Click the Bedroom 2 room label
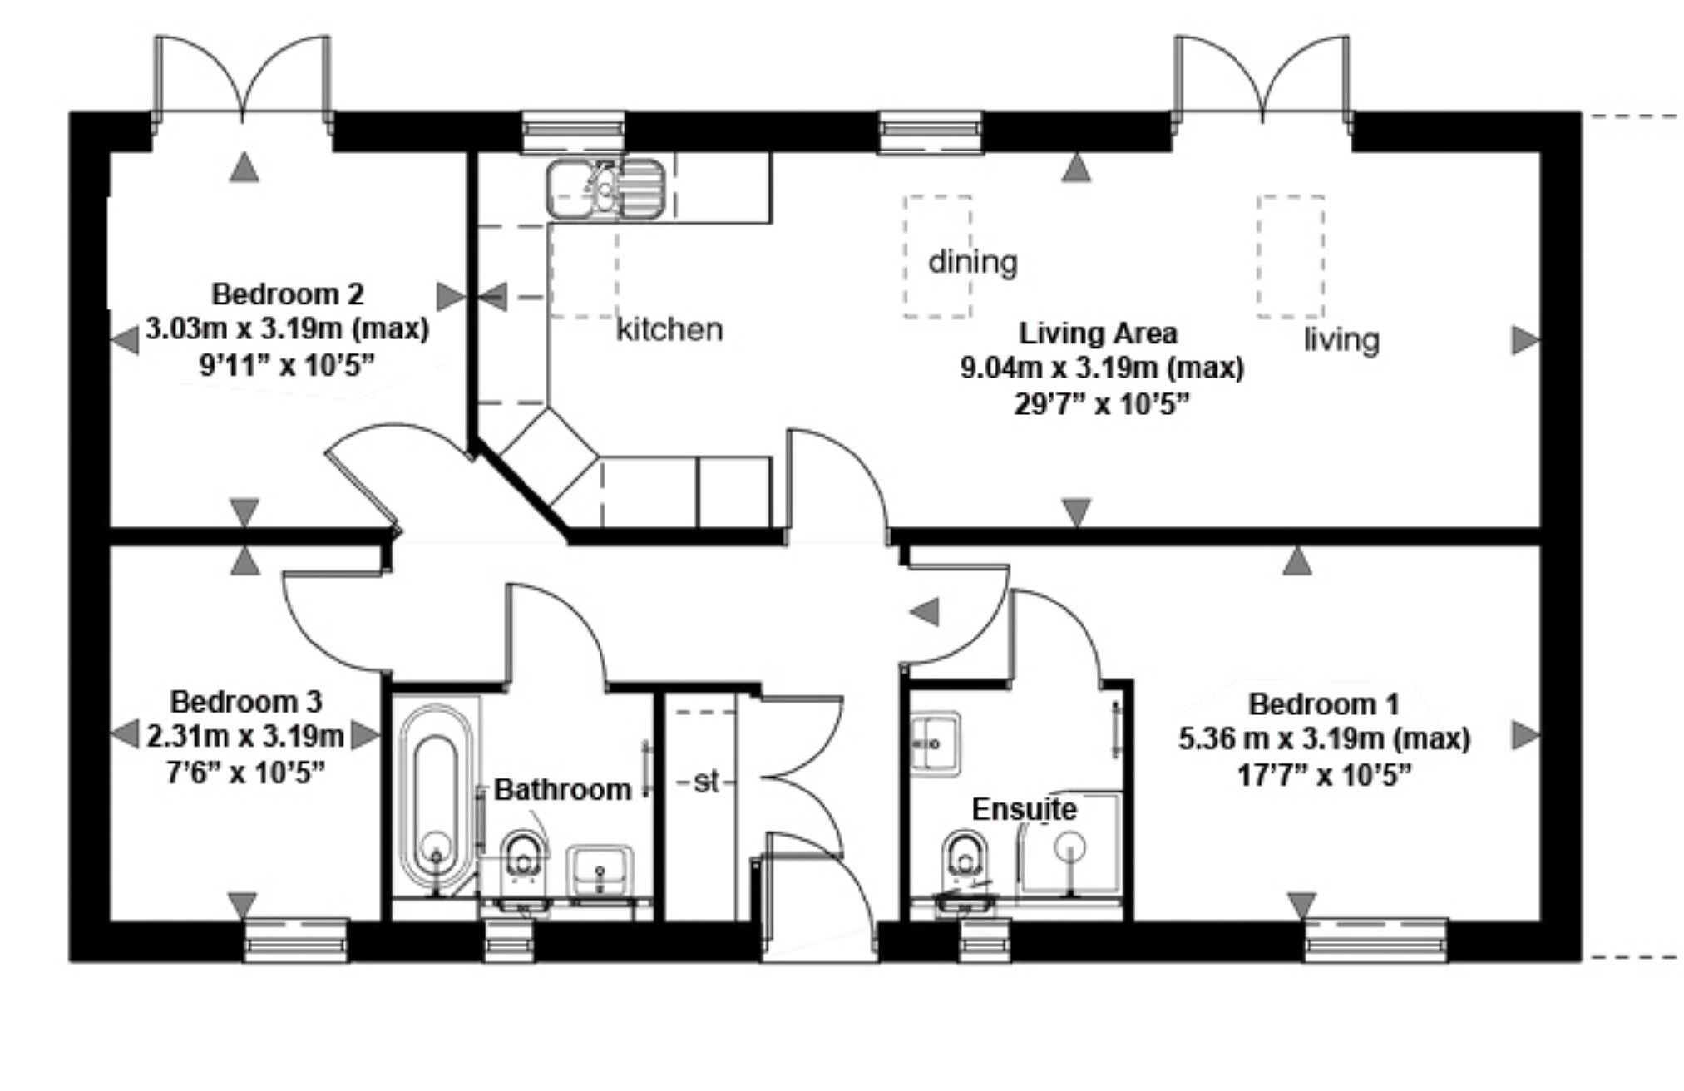(x=287, y=294)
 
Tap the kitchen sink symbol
(x=605, y=190)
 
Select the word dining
(x=972, y=262)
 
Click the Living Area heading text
(x=1098, y=333)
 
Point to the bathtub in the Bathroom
(x=435, y=798)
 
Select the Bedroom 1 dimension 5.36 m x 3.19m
(x=1323, y=738)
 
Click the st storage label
(x=705, y=781)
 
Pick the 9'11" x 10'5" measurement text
(x=287, y=365)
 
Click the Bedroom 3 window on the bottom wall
(x=296, y=940)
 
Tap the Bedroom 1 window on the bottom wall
(x=1375, y=940)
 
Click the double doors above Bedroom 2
(x=242, y=79)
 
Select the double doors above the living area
(x=1262, y=79)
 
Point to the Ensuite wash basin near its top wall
(x=934, y=743)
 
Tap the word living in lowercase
(x=1341, y=340)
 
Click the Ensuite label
(x=1024, y=809)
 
